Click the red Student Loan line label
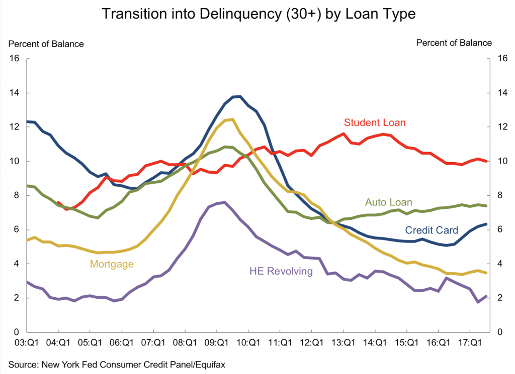[x=375, y=122]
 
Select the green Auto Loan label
[x=388, y=202]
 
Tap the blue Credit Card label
[x=432, y=230]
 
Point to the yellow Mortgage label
[x=112, y=264]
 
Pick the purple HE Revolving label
[x=281, y=272]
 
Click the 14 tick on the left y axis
[x=15, y=93]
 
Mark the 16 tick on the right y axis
[x=501, y=59]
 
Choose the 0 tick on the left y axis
[x=17, y=332]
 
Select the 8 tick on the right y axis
[x=499, y=195]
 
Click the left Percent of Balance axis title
[x=46, y=44]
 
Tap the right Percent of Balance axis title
[x=454, y=43]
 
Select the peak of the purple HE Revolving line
[x=224, y=202]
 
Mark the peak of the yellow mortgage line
[x=232, y=119]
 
